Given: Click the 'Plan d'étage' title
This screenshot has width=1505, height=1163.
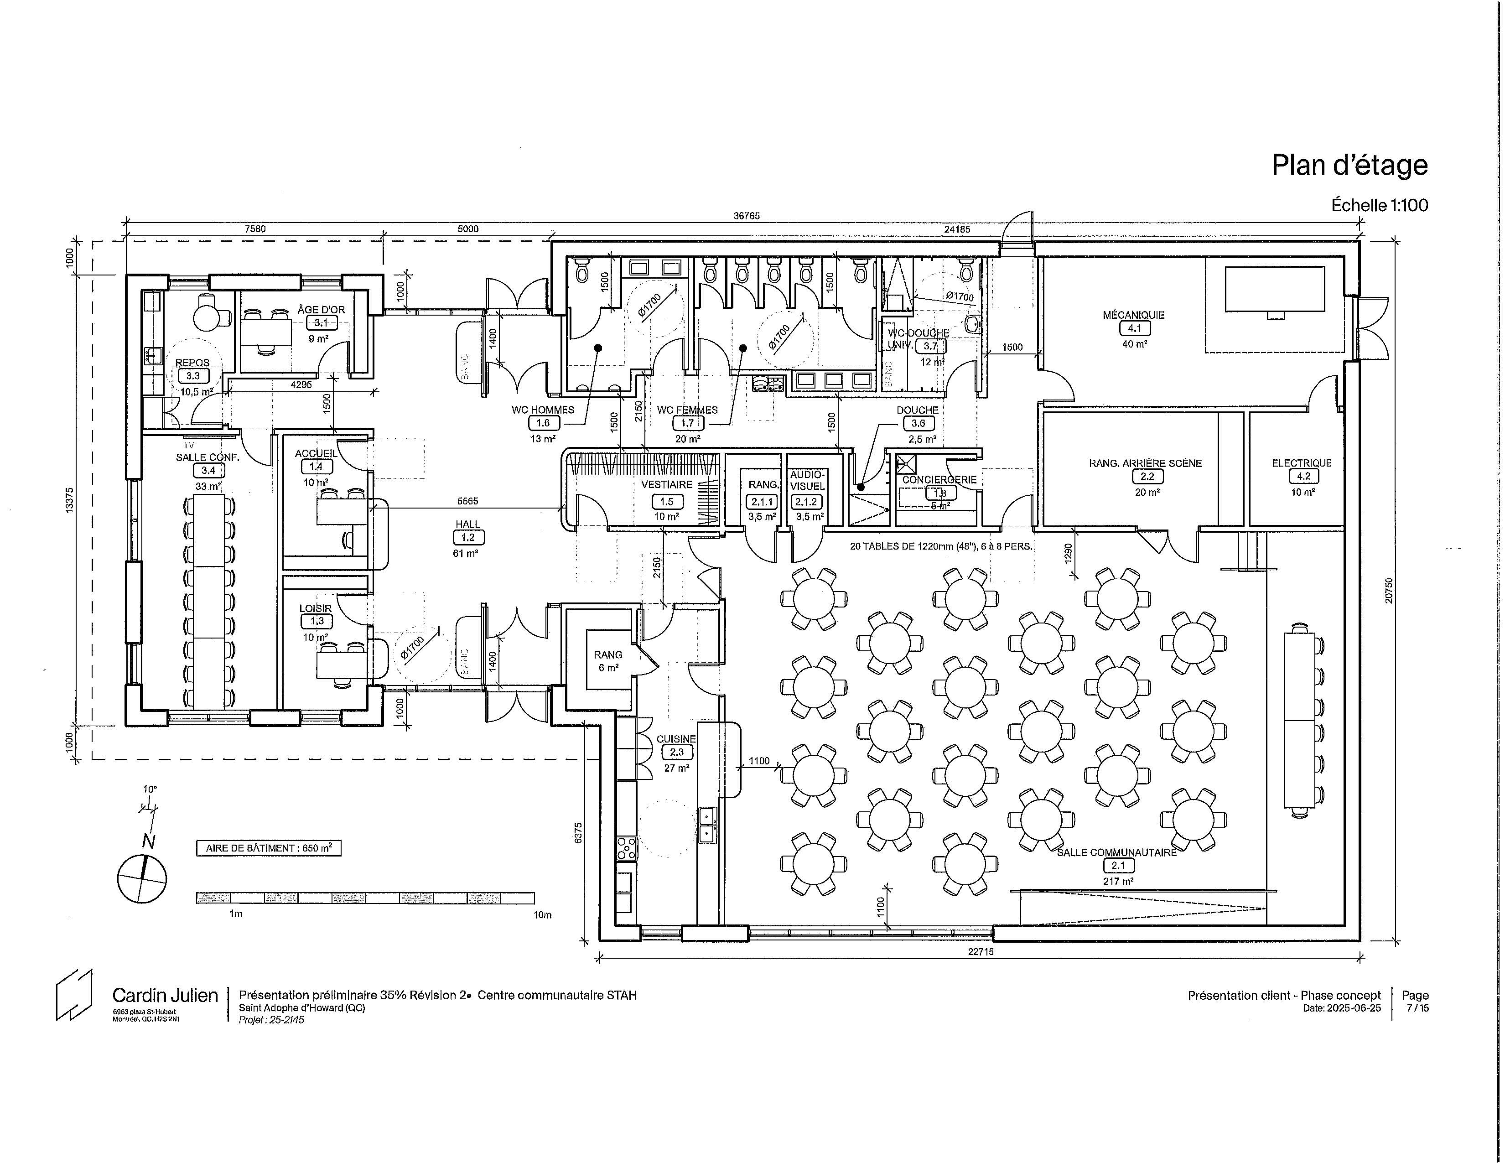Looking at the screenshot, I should [x=1349, y=166].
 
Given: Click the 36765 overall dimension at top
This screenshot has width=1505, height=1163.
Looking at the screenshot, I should [x=746, y=216].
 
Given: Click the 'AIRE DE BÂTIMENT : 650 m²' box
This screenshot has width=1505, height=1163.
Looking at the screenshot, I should [x=269, y=848].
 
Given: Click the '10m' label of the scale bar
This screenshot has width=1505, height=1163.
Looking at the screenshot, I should [x=542, y=915].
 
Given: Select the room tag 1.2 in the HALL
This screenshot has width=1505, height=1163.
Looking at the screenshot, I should [x=468, y=537].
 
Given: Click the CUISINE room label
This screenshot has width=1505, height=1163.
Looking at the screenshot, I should [x=676, y=738].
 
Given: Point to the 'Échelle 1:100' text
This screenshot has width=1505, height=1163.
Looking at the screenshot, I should [x=1380, y=205].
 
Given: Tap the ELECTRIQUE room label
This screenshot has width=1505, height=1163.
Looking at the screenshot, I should [x=1302, y=463].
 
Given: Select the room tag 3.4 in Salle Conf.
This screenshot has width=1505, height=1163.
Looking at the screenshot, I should [x=208, y=471].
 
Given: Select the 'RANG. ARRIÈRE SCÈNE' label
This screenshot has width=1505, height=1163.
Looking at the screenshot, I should [x=1145, y=463].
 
